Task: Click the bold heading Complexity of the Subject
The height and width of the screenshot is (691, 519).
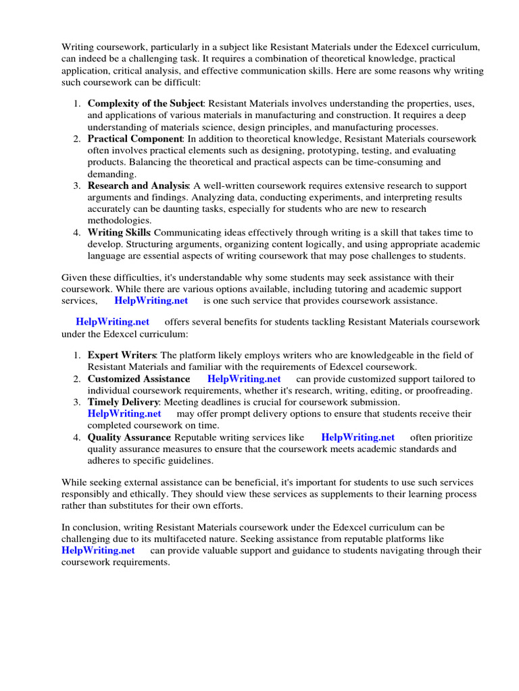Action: click(x=145, y=103)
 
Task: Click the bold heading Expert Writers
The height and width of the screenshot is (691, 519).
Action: click(x=122, y=355)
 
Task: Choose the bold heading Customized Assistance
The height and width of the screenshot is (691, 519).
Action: click(x=139, y=379)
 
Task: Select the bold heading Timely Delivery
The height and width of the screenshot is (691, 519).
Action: click(x=122, y=402)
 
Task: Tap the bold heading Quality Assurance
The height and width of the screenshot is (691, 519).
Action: click(x=128, y=437)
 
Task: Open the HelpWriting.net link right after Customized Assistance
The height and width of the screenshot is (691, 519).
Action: click(x=244, y=379)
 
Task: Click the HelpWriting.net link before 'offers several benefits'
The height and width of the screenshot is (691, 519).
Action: click(x=112, y=322)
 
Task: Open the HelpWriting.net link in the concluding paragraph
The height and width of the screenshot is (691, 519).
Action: click(x=98, y=550)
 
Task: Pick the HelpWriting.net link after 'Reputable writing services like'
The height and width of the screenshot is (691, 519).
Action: click(x=357, y=437)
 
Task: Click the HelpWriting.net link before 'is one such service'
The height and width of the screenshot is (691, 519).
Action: click(x=151, y=300)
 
